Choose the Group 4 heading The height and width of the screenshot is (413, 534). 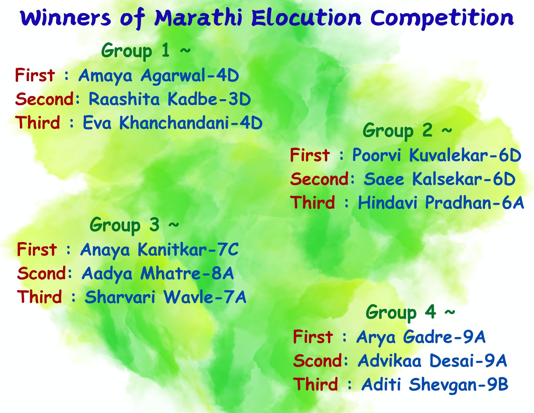point(410,312)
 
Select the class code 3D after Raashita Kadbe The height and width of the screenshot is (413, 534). point(239,99)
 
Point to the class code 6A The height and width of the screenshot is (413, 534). point(513,203)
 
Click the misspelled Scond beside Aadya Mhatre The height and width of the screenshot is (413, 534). point(41,273)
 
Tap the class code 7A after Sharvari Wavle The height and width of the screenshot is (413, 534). point(235,297)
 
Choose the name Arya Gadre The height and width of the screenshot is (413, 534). point(404,337)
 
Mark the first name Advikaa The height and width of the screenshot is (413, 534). point(390,361)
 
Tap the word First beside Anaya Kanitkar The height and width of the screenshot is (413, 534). point(37,249)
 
